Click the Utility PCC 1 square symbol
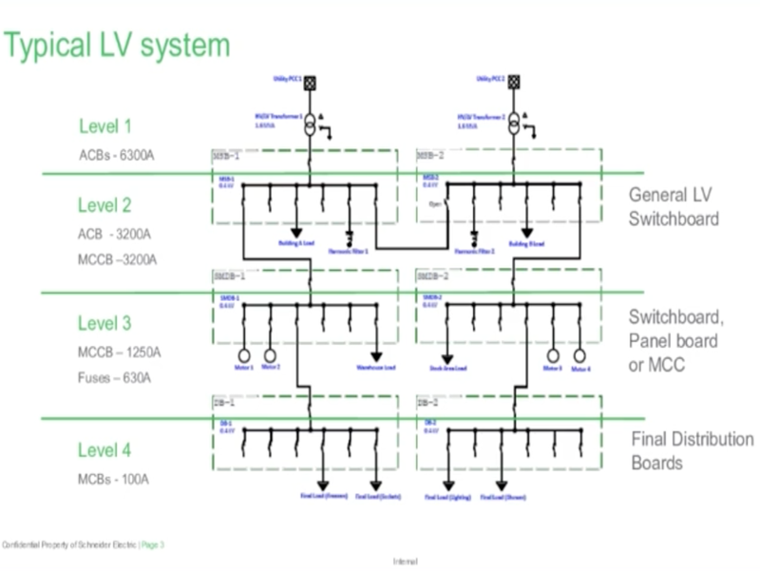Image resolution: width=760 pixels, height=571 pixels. click(x=309, y=83)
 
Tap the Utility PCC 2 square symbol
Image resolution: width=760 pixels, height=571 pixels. click(x=514, y=83)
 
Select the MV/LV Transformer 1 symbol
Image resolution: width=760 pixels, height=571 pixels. click(x=309, y=124)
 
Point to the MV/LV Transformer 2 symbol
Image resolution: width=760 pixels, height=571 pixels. click(x=514, y=124)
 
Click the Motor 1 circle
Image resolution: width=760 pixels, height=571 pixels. click(x=244, y=355)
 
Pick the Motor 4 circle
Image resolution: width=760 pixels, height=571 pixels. click(x=580, y=355)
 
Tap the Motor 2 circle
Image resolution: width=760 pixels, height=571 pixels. click(x=270, y=355)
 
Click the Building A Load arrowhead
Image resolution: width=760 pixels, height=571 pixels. click(x=296, y=232)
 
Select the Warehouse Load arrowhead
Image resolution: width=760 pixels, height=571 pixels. click(x=376, y=357)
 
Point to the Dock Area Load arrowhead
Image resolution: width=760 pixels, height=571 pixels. click(x=447, y=357)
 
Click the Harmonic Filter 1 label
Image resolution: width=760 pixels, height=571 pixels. click(x=350, y=250)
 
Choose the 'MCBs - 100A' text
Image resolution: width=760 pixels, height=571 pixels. click(x=113, y=479)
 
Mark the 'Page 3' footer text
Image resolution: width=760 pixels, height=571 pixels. click(x=153, y=544)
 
